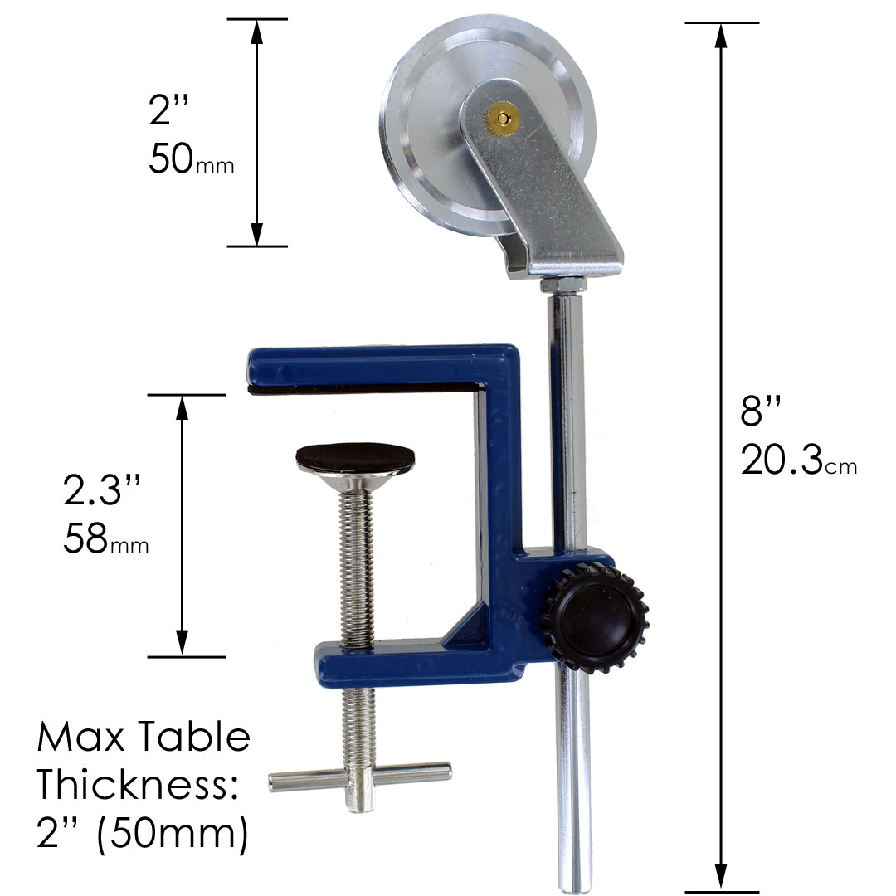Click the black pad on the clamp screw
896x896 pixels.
(355, 455)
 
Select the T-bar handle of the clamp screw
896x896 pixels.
(360, 777)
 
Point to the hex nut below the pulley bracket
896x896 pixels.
(565, 284)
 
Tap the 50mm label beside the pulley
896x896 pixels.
(191, 159)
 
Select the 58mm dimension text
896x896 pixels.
(105, 540)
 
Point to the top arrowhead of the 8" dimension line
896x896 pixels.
(722, 34)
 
